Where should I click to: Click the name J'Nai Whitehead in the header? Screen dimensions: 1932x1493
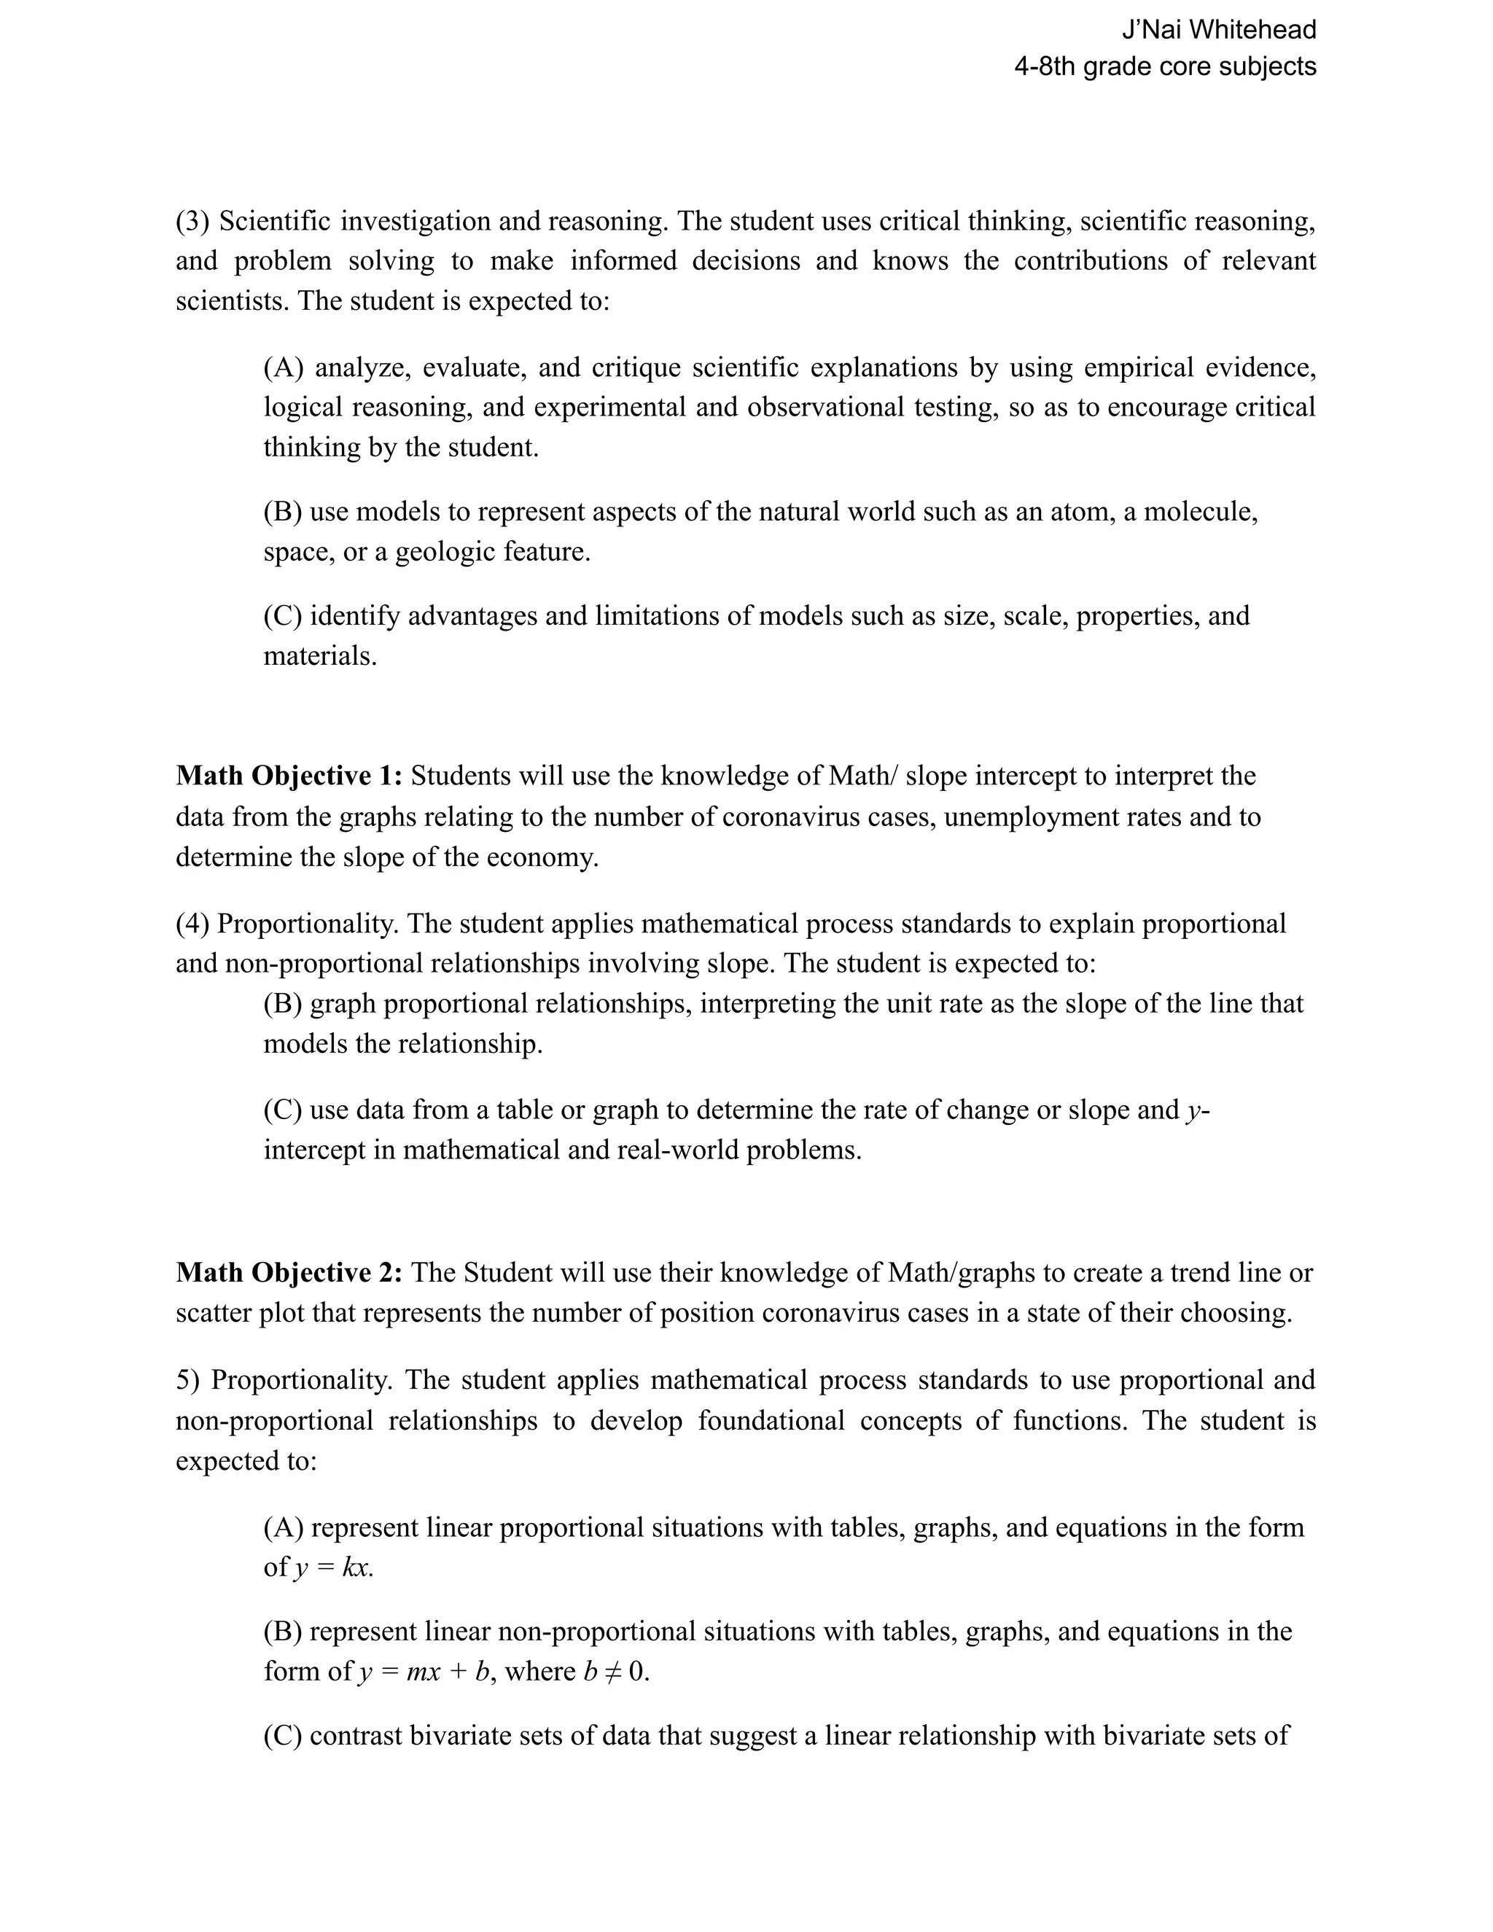pyautogui.click(x=1218, y=30)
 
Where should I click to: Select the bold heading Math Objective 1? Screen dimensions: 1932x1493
pyautogui.click(x=289, y=776)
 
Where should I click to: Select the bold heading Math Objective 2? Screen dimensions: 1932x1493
pyautogui.click(x=289, y=1272)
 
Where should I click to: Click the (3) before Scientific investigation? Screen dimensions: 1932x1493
pyautogui.click(x=192, y=220)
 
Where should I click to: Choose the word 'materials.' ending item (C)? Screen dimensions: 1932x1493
pyautogui.click(x=320, y=655)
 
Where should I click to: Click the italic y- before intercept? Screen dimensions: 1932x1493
pyautogui.click(x=1198, y=1110)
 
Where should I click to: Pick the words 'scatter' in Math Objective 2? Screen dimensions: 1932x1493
pyautogui.click(x=213, y=1313)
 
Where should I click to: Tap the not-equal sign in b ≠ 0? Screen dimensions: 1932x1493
pyautogui.click(x=613, y=1671)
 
